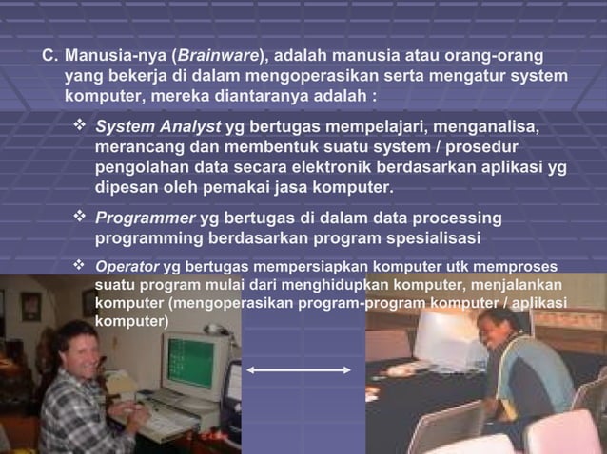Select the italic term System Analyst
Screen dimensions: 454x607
click(x=158, y=127)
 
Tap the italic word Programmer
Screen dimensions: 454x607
click(x=145, y=218)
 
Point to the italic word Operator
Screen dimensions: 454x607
click(x=127, y=267)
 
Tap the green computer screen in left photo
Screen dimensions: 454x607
click(x=190, y=362)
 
